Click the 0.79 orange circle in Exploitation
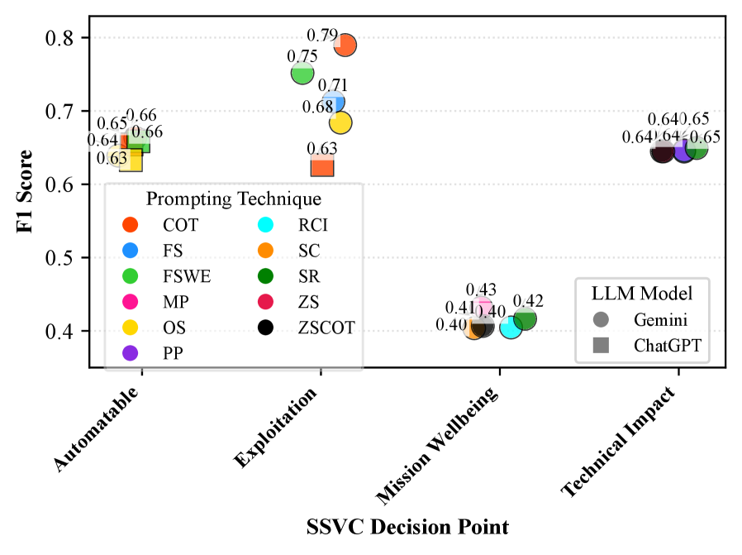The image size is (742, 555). point(345,45)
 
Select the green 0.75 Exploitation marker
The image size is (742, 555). point(302,74)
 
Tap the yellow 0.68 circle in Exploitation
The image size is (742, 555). point(340,122)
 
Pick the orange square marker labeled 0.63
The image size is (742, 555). point(322,166)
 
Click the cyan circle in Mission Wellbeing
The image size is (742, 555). point(511,328)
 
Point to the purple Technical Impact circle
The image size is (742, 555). point(683,151)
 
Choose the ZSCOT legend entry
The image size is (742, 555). point(327,328)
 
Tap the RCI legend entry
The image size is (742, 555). point(321,224)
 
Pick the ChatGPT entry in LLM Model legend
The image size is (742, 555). point(666,346)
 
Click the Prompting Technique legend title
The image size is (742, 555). point(234,199)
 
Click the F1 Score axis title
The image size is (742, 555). point(24,190)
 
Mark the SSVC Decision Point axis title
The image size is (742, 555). point(407,527)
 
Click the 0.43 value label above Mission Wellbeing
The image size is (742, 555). point(481,289)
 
